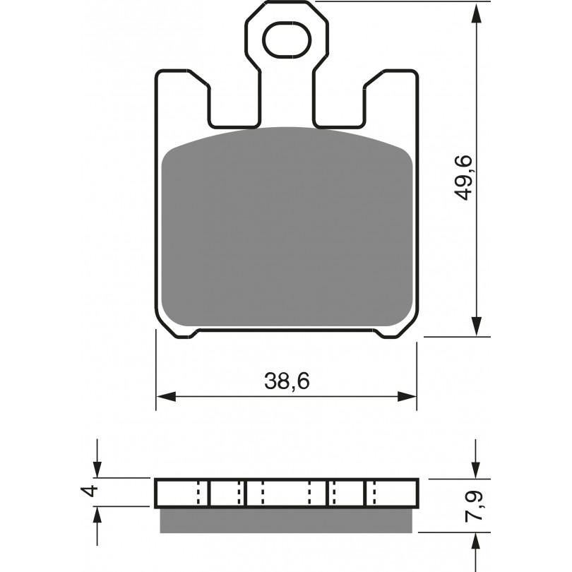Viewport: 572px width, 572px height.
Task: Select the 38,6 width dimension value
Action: [x=287, y=381]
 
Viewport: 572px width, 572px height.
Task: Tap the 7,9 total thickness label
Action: [x=474, y=506]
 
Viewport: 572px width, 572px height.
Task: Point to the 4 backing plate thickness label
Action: [x=90, y=491]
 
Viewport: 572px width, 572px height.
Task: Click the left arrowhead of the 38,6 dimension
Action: [x=166, y=396]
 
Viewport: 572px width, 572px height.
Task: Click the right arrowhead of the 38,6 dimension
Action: [x=406, y=396]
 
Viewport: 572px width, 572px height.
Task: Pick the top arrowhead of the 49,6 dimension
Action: [x=476, y=14]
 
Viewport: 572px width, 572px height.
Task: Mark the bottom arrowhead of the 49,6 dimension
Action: [x=476, y=326]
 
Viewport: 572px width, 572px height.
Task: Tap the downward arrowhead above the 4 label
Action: [x=97, y=468]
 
